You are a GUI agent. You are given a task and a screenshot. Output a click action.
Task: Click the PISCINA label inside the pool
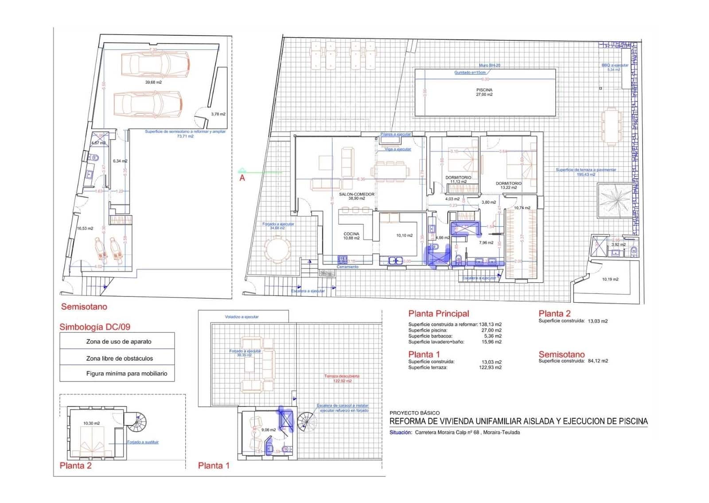[484, 90]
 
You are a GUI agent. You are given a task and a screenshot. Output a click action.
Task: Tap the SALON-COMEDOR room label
[356, 194]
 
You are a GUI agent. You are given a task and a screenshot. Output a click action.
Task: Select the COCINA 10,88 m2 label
[351, 236]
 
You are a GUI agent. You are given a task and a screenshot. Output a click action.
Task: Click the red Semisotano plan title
[84, 307]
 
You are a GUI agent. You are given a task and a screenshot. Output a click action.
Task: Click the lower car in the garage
[148, 105]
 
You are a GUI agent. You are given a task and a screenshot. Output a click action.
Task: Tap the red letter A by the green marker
[242, 178]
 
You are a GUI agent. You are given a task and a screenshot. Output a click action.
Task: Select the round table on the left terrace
[278, 251]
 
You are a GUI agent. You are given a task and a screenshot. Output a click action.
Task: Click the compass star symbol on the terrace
[614, 200]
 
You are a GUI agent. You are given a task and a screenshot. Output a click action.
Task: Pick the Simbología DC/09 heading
[95, 327]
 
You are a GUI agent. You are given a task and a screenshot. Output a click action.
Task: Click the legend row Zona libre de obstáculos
[119, 358]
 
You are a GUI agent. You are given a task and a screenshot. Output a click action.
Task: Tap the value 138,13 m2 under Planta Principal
[490, 324]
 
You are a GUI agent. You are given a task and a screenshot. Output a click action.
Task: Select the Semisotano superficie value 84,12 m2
[598, 361]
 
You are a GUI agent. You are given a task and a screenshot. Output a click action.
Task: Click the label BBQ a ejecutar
[615, 65]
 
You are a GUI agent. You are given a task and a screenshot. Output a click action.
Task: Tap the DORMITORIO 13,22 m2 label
[508, 185]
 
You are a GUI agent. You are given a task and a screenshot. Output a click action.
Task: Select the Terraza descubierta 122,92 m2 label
[342, 378]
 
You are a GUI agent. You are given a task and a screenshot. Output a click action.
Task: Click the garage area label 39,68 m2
[153, 82]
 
